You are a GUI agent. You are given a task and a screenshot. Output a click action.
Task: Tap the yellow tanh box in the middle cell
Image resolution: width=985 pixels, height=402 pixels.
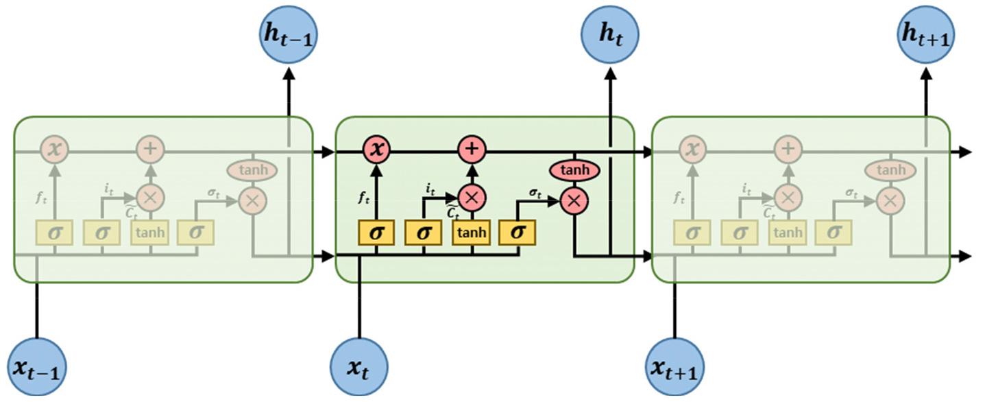[x=472, y=233]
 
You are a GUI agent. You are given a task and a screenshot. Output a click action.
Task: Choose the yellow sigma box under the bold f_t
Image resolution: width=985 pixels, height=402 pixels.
[x=376, y=233]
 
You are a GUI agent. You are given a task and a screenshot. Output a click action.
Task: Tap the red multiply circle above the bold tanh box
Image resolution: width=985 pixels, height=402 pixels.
[x=472, y=198]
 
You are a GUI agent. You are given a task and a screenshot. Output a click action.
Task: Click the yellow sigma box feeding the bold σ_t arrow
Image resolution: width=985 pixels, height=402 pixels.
[x=517, y=233]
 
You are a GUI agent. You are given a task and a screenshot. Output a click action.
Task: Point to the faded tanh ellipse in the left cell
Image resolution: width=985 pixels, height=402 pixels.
[x=252, y=169]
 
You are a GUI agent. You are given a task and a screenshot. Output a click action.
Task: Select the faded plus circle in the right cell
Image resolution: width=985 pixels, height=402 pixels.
[x=788, y=148]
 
